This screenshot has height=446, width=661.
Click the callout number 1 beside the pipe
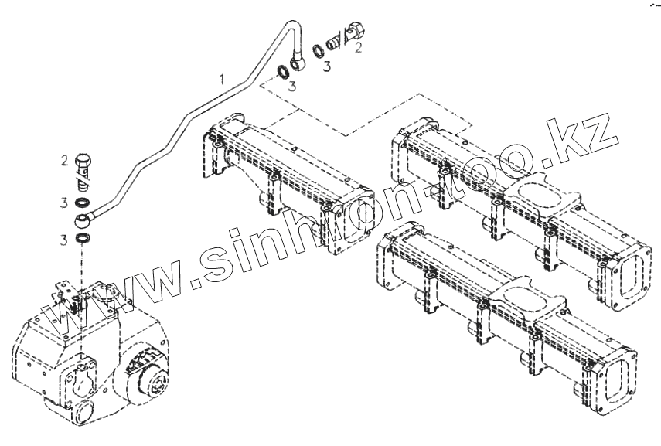pyautogui.click(x=222, y=79)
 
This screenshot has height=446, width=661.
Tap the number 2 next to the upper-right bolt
pyautogui.click(x=357, y=49)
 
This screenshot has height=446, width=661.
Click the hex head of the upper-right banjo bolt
pyautogui.click(x=358, y=30)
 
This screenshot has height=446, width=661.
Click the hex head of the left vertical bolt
pyautogui.click(x=83, y=162)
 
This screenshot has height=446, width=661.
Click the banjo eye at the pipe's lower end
pyautogui.click(x=83, y=220)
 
